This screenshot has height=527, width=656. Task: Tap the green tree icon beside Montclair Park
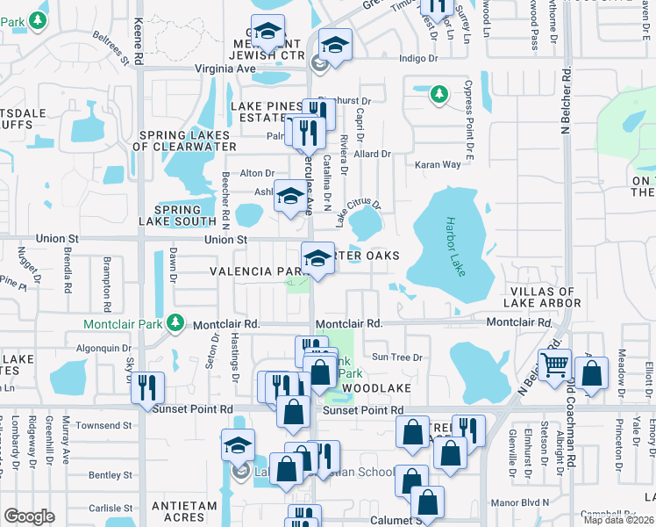pos(177,323)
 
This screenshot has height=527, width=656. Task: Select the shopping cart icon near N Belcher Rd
pos(555,365)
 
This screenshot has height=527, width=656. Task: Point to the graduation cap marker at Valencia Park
pos(318,257)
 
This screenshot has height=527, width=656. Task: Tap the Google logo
pos(28,516)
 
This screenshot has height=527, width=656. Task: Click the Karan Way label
pos(438,164)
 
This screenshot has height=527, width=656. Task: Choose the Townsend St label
pos(103,425)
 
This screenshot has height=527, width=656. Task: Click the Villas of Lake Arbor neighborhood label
pos(545,297)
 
